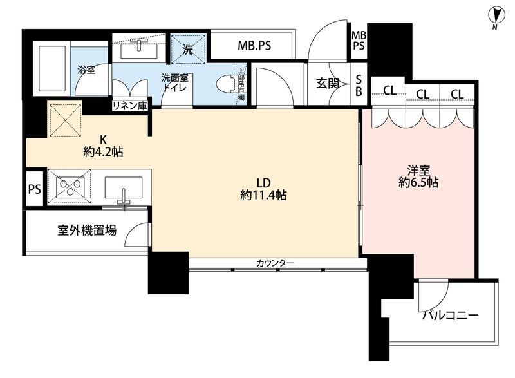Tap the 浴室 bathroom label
tap(87, 70)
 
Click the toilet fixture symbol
tap(225, 84)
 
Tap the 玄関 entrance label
tap(328, 83)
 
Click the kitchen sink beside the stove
tap(122, 188)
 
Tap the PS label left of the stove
tap(34, 189)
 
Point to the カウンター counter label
tap(275, 263)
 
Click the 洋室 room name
tap(418, 170)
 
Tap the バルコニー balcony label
tap(451, 316)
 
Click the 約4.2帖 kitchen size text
tap(104, 152)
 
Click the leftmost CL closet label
tap(389, 90)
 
